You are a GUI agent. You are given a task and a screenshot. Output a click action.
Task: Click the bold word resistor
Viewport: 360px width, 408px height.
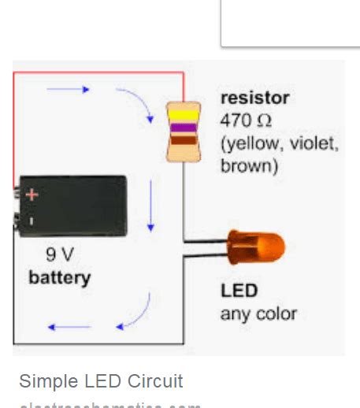(x=254, y=98)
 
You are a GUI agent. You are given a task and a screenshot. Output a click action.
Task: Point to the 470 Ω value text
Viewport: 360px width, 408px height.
(x=247, y=121)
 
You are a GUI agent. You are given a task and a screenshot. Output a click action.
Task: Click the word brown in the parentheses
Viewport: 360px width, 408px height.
(x=249, y=166)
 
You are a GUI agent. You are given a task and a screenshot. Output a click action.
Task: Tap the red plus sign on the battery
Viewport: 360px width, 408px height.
(x=32, y=195)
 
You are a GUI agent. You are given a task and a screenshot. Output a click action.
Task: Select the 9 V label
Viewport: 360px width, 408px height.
(x=60, y=255)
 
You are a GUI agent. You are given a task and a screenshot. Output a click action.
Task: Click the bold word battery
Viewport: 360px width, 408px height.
(x=60, y=277)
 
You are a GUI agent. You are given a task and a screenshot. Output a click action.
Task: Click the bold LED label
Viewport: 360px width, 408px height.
(x=239, y=291)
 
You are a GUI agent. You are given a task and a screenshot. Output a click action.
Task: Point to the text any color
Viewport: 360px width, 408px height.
(x=258, y=313)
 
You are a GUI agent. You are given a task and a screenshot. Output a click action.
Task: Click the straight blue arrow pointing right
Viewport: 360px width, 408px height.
(x=69, y=89)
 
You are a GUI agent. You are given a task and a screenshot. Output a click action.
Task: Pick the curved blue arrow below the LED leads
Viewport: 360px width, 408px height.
(x=135, y=311)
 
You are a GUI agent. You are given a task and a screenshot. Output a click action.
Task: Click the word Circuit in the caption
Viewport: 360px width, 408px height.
(x=153, y=381)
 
